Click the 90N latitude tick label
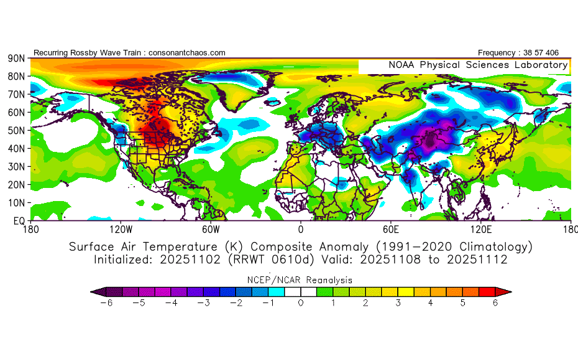pos(16,58)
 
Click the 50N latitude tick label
pos(16,130)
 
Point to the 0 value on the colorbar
pos(301,303)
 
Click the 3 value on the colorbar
pos(398,303)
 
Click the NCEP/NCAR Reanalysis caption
pos(301,279)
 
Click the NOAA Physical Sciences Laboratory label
pos(478,65)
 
